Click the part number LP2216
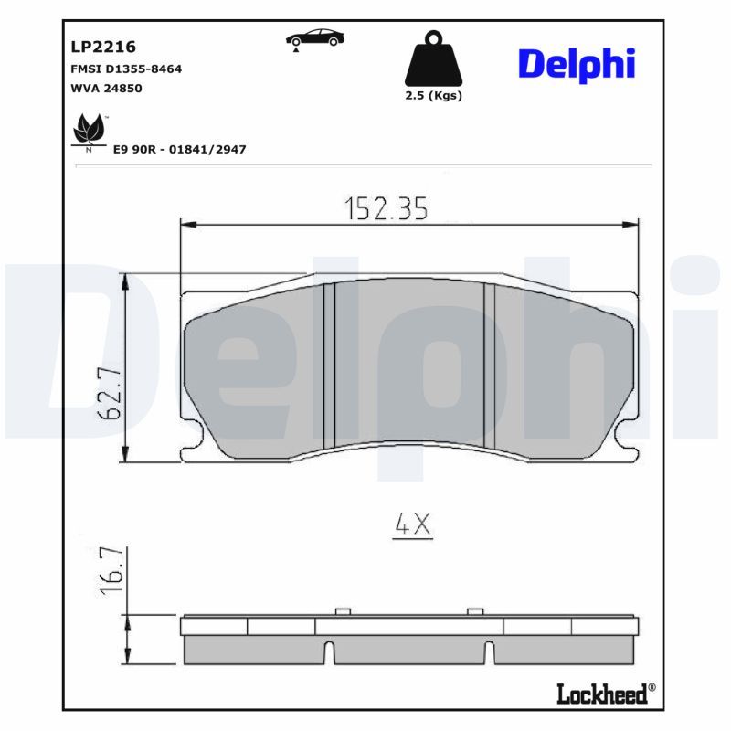(103, 47)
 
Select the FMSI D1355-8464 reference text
(126, 69)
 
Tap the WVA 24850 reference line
(106, 88)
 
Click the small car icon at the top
(314, 39)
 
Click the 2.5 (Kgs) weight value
(433, 96)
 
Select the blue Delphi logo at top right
(577, 65)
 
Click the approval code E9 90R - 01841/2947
(179, 149)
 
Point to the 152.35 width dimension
(386, 208)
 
